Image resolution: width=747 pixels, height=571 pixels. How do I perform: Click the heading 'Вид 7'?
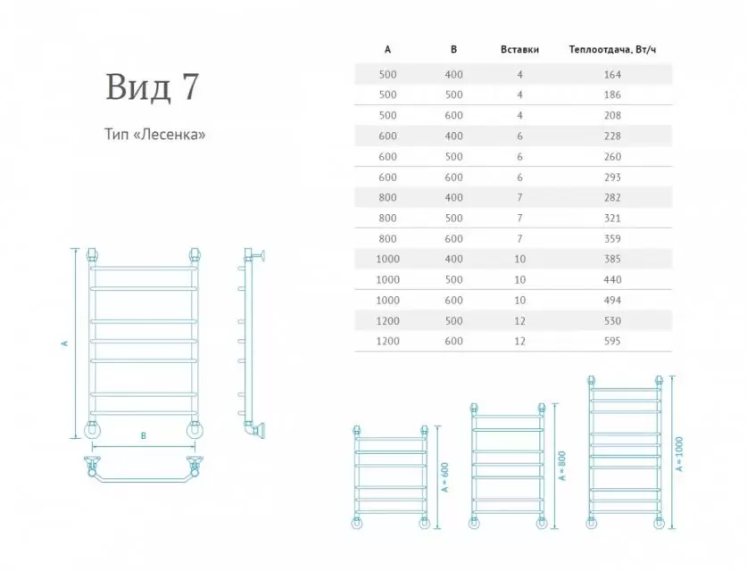153,87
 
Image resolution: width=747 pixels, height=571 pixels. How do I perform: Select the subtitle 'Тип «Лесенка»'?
155,136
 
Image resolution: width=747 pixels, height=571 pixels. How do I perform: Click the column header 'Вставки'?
519,50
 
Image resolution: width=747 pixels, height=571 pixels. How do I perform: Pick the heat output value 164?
611,74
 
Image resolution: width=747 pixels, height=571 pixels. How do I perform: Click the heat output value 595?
611,341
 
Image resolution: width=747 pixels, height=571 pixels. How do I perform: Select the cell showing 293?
611,177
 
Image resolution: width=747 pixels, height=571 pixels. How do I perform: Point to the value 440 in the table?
611,279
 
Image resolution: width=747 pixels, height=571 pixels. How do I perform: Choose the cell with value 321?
611,218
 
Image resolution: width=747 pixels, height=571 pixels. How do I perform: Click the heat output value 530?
611,320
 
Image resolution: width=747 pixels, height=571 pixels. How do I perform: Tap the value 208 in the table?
611,115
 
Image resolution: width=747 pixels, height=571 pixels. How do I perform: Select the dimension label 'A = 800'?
561,465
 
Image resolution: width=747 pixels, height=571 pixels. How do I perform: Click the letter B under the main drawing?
143,436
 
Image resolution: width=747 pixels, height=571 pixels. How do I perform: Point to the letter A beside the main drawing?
64,343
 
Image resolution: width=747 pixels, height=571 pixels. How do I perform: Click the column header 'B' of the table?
453,50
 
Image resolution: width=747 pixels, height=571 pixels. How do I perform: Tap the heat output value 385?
611,259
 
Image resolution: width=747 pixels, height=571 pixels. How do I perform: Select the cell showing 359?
611,238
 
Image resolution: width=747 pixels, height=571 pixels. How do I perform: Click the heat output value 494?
611,300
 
